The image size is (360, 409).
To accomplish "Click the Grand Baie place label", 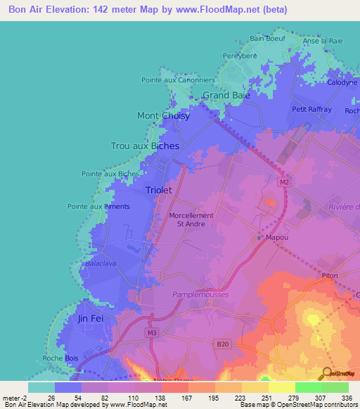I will coord(226,95).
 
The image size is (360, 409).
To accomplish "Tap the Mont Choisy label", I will coord(163,116).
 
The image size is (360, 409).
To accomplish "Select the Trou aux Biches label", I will coord(145,145).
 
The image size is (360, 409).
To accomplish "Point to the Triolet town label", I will coord(160,190).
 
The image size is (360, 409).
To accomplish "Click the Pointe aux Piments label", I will coord(98,206).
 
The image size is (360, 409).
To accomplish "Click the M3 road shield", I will coord(152,332).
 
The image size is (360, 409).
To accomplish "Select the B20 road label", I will coord(222,344).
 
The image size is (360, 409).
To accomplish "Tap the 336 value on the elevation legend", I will coord(345,398).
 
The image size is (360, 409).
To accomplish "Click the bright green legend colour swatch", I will coord(308,387).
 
